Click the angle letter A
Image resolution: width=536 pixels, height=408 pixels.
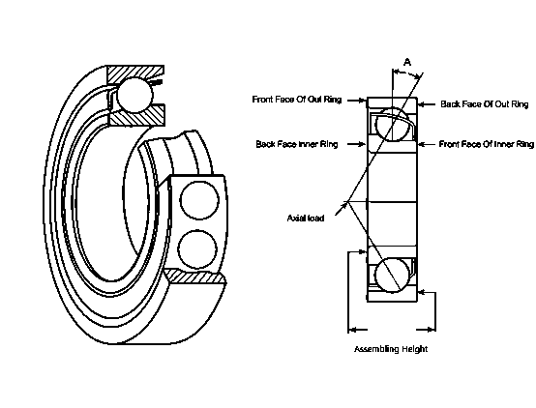(407, 62)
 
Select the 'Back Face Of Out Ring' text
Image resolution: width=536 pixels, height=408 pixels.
(484, 102)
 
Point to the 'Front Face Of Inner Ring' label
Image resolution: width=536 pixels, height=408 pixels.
(486, 143)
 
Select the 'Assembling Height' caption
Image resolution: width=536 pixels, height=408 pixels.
(390, 349)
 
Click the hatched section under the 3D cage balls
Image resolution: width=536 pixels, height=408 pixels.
(197, 278)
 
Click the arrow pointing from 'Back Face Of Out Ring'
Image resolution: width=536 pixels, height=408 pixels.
(426, 102)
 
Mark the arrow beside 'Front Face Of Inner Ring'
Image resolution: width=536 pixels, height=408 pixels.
(425, 143)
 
